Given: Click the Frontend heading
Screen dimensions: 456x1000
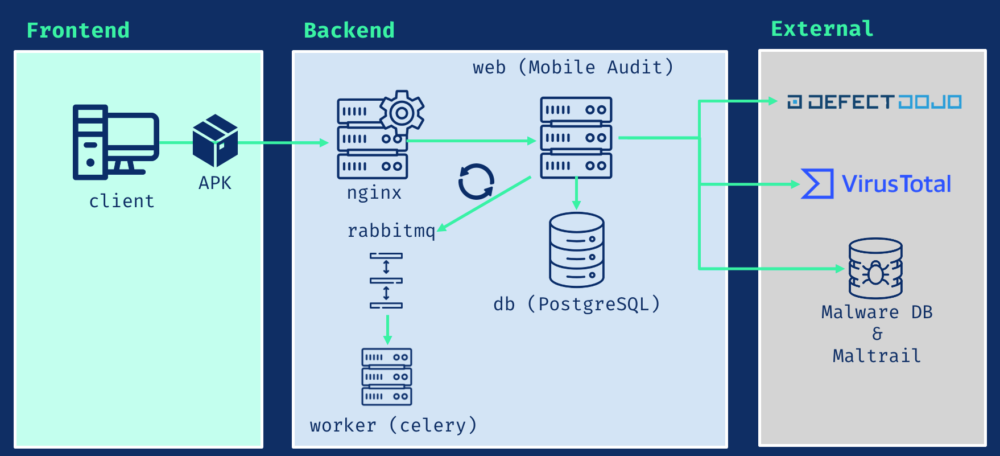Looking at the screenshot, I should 78,30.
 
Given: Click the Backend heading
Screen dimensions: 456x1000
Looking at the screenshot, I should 349,30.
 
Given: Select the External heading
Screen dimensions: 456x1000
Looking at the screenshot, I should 821,28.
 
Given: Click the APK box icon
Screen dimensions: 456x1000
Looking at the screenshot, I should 215,141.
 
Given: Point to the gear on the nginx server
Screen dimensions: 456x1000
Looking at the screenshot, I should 402,112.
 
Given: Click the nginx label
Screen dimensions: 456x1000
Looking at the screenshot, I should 374,192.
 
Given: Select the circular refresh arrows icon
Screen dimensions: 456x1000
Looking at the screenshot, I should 476,182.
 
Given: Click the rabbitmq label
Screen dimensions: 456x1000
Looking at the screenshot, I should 391,231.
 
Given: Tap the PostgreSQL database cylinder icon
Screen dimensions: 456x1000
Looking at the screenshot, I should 576,250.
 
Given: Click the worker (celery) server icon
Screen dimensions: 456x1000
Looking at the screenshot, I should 387,377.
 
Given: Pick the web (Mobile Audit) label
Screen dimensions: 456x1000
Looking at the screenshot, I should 573,67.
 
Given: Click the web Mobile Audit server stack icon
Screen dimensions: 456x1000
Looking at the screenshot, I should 576,138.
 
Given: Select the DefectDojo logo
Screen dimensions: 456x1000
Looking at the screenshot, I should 874,102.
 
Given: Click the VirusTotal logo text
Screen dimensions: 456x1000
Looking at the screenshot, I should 896,184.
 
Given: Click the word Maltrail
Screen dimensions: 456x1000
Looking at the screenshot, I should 877,356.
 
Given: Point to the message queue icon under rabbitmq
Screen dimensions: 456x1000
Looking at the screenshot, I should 386,281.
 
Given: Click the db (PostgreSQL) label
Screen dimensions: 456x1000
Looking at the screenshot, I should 576,304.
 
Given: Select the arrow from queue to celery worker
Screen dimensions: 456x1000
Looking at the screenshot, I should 387,330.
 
